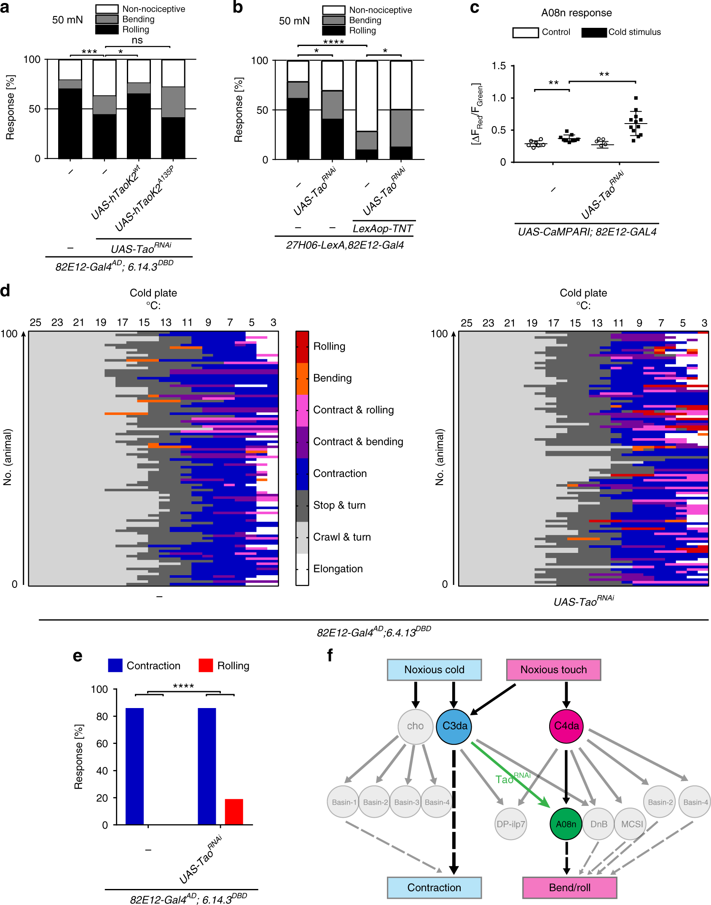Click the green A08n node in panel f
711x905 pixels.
coord(566,824)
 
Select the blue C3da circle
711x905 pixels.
coord(454,726)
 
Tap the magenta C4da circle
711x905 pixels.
coord(566,726)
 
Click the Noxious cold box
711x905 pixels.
coord(434,670)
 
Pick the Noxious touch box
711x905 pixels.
coord(553,670)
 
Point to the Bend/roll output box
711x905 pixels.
coord(569,887)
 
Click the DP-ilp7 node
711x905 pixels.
coord(511,824)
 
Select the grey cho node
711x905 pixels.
coord(415,726)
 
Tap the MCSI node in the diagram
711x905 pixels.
coord(632,824)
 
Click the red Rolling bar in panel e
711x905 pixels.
coord(234,811)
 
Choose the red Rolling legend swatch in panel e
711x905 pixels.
coord(206,665)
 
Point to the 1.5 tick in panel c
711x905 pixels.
coord(499,66)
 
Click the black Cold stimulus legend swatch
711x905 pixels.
coord(594,32)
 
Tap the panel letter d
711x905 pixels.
coord(5,291)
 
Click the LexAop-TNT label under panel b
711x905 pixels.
coord(383,229)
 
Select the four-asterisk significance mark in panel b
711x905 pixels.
coord(333,41)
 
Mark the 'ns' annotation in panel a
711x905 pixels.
coord(137,40)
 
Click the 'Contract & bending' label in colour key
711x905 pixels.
coord(358,442)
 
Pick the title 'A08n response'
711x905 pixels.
coord(576,13)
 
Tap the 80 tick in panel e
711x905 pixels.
coord(102,716)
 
